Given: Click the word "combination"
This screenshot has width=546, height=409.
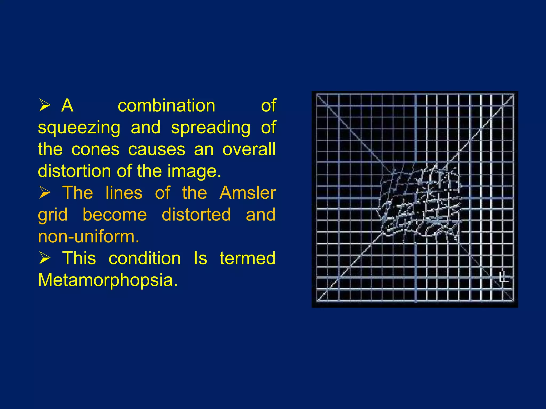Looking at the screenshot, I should coord(166,106).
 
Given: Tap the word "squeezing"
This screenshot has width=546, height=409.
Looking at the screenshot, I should coord(79,128).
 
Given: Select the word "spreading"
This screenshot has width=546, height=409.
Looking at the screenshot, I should coord(211,128).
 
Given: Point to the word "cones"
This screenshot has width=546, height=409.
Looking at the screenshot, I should coord(95,149).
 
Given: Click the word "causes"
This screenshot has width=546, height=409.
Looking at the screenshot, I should coord(156,149).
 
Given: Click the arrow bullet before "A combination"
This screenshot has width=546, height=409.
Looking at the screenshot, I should coord(45,105).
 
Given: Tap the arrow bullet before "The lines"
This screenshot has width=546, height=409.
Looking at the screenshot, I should coord(45,193).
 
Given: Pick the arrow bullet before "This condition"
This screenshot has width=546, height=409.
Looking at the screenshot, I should coord(45,258).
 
